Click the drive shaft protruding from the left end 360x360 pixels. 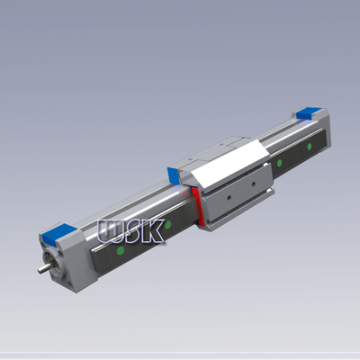42,267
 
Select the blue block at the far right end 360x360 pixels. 303,113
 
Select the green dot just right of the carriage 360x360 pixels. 280,162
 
